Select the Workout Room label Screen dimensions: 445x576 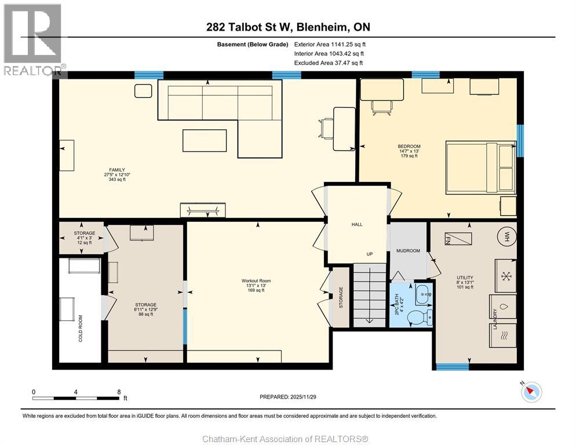(x=256, y=281)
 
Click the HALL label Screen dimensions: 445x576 (x=357, y=224)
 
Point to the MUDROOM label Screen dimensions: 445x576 (x=408, y=251)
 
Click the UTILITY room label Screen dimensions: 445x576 (x=465, y=278)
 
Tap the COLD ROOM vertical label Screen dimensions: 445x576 (x=81, y=328)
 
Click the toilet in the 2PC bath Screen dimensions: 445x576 (x=419, y=317)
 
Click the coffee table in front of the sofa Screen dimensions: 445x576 (x=201, y=140)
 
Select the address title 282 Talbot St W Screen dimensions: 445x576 (x=288, y=27)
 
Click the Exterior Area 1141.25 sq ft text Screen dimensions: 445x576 (x=330, y=44)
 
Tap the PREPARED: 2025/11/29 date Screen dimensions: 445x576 (x=287, y=397)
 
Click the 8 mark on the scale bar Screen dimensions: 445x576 (x=119, y=392)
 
